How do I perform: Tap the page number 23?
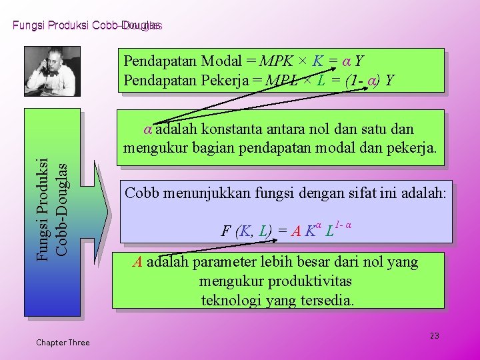click(434, 335)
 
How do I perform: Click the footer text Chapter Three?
click(63, 343)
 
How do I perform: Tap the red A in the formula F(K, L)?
click(295, 231)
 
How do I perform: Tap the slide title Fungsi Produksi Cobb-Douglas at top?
click(87, 25)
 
